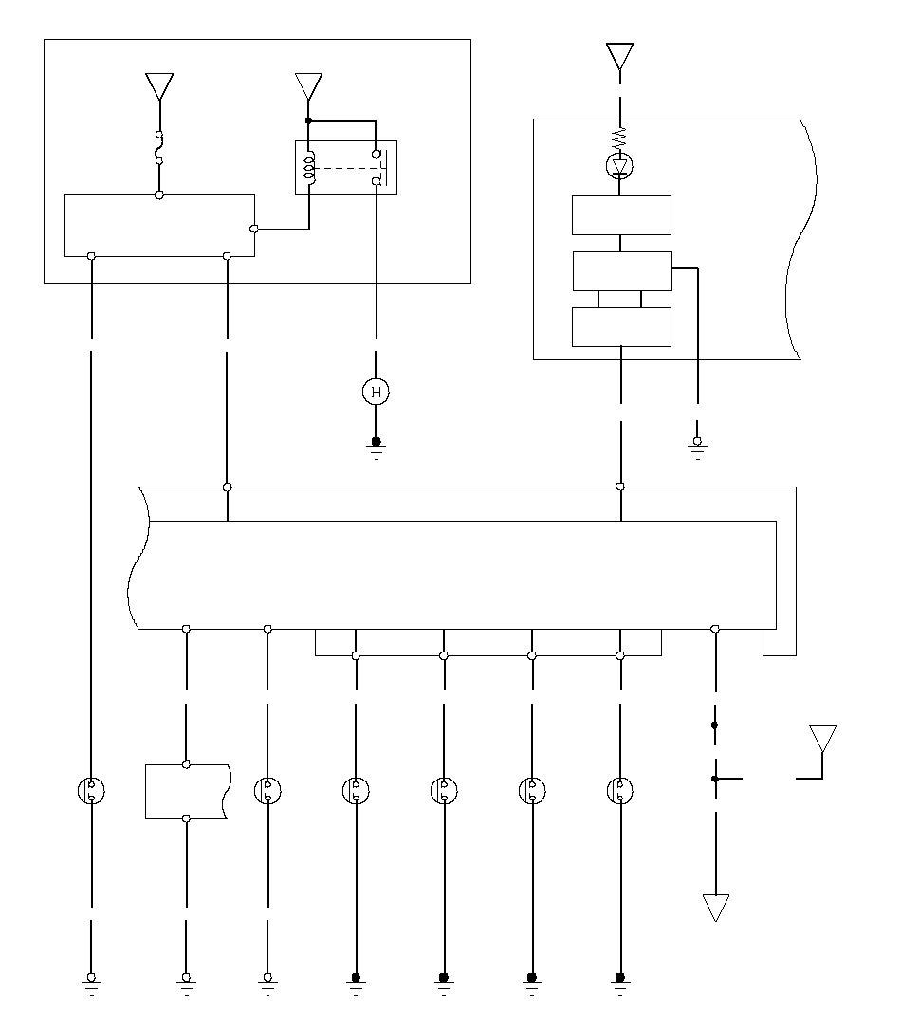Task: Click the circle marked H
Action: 377,392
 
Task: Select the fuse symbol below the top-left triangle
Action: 159,147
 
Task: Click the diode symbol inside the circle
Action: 621,168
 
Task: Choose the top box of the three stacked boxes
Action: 621,215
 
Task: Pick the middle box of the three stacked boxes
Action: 621,271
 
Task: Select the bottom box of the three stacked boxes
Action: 621,326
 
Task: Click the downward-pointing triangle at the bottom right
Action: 715,908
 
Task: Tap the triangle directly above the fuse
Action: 159,86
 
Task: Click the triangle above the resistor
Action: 620,56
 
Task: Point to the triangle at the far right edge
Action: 822,739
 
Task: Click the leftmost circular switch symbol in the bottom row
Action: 91,791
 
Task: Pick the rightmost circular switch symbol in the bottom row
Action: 620,791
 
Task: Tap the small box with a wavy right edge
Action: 187,791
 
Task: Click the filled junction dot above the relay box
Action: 308,120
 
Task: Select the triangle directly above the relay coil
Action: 308,86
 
